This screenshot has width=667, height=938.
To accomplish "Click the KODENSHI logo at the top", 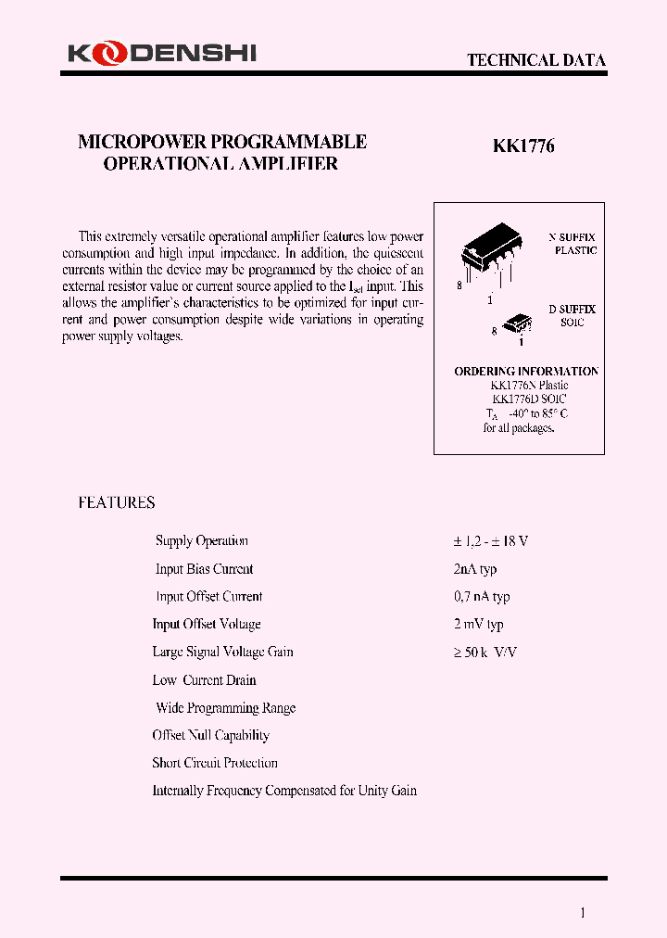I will [x=161, y=55].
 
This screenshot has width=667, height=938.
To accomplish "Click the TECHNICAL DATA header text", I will [x=535, y=60].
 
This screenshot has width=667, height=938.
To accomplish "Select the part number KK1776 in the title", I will [x=522, y=146].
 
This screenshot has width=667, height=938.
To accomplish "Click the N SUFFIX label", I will [x=573, y=237].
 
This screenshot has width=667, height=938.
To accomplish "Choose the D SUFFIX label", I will [x=573, y=309].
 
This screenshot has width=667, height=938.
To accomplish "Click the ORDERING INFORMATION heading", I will [x=526, y=372].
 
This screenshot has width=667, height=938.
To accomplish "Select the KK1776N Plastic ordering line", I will [x=529, y=386].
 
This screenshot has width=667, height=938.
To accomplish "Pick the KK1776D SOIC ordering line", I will [x=529, y=399].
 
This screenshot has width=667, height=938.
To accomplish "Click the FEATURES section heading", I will [x=116, y=503].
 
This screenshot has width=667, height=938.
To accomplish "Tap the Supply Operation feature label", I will [x=202, y=541].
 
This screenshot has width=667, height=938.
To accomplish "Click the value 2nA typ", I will [x=475, y=569].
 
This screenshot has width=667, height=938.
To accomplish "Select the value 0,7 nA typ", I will [x=482, y=597].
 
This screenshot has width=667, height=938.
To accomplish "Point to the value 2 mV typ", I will [x=478, y=625].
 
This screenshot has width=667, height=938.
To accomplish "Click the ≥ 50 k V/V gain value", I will [x=485, y=653].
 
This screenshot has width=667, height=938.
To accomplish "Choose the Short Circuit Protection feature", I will [x=215, y=764].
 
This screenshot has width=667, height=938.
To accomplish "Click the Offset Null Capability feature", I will [x=211, y=736].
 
